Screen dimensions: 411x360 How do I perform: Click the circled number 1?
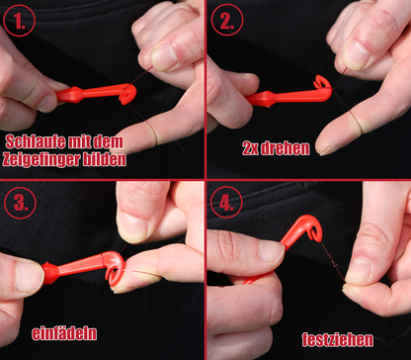click(x=19, y=20)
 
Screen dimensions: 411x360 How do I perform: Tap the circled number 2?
click(x=227, y=20)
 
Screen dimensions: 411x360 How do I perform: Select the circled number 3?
click(x=20, y=203)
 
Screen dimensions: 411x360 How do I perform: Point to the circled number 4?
click(x=226, y=202)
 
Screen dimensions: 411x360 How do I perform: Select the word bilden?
click(x=110, y=159)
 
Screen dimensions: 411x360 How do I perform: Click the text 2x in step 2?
click(x=250, y=149)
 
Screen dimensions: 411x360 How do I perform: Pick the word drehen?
click(x=286, y=148)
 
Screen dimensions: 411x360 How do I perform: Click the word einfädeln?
click(x=64, y=333)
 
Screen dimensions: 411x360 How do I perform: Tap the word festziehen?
click(x=338, y=339)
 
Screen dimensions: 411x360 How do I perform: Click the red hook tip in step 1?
click(x=127, y=95)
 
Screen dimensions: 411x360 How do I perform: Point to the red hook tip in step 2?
click(x=322, y=82)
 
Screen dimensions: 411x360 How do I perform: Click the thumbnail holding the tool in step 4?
click(x=271, y=253)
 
